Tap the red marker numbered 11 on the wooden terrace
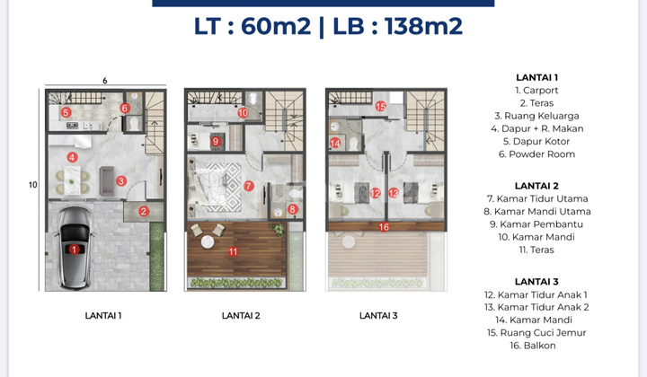point(233,252)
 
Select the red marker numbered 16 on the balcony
point(384,227)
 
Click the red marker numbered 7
point(249,186)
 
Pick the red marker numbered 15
point(380,107)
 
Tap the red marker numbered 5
point(66,112)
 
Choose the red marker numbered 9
point(216,141)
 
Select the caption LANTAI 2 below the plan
point(241,315)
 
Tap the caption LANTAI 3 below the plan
point(379,315)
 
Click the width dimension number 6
point(105,81)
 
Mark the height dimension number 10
point(33,186)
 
